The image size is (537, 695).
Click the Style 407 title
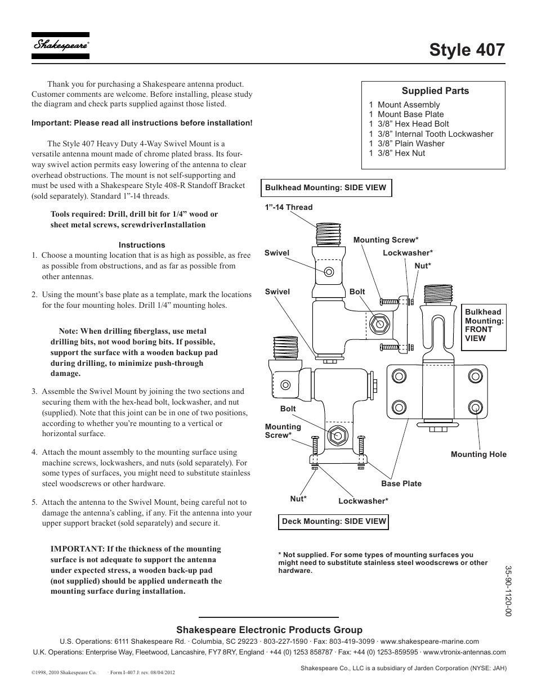coord(467,49)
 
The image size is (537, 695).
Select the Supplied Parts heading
coord(435,91)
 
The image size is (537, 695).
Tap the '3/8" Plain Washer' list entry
coord(406,144)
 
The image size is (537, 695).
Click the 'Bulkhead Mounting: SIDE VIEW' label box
coord(326,188)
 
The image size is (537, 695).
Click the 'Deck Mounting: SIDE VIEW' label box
coord(334,521)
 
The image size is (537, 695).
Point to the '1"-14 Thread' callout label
coord(288,207)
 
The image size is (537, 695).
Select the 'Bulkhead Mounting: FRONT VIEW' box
coord(484,325)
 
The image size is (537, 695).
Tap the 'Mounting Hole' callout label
coord(478,454)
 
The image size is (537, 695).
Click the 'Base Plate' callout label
coord(401,483)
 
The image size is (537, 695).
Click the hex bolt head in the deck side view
coord(337,436)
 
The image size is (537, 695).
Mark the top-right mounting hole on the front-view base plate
coord(476,375)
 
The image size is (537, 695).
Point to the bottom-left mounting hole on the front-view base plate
coord(399,406)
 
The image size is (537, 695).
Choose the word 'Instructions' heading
coord(142,245)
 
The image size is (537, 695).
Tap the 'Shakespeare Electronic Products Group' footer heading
coord(269,630)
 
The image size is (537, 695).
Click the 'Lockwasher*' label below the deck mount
coord(363,501)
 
